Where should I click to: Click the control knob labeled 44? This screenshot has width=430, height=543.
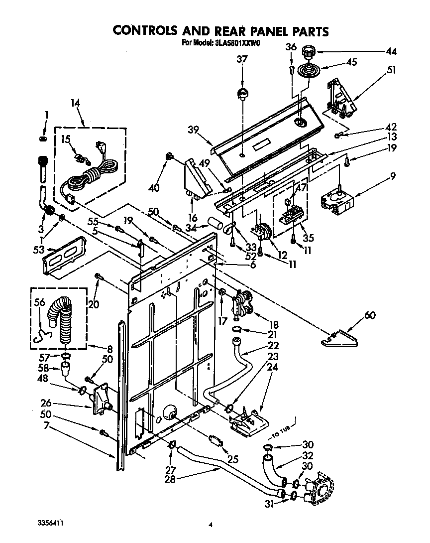click(310, 50)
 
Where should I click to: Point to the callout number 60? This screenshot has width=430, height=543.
click(369, 315)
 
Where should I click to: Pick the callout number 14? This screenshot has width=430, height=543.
click(75, 103)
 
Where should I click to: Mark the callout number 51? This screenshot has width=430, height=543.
click(391, 70)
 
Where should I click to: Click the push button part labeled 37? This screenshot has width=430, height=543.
click(242, 93)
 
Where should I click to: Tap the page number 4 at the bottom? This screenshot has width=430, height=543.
click(211, 525)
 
